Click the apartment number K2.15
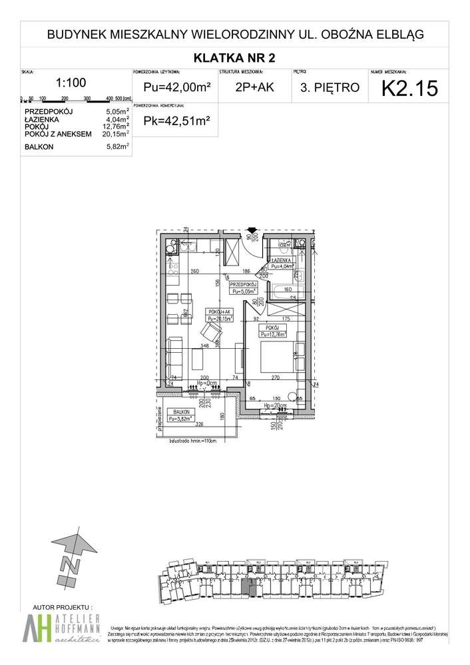[x=409, y=87]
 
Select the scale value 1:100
[x=71, y=83]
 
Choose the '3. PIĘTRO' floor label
[x=329, y=87]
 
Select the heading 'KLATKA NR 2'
[x=234, y=57]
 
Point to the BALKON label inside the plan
[x=180, y=412]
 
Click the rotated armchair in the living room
[x=212, y=330]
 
